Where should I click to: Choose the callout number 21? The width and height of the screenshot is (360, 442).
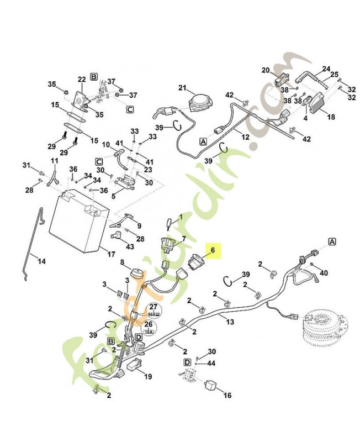[183, 88]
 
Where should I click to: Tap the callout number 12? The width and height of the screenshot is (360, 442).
[245, 136]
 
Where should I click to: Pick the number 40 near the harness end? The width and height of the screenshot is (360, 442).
[324, 272]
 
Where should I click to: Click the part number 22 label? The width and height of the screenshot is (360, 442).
[82, 80]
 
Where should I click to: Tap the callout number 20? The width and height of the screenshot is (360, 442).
[265, 70]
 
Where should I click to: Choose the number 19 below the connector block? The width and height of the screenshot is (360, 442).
[147, 377]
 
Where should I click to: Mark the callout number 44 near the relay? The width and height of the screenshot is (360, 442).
[211, 363]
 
